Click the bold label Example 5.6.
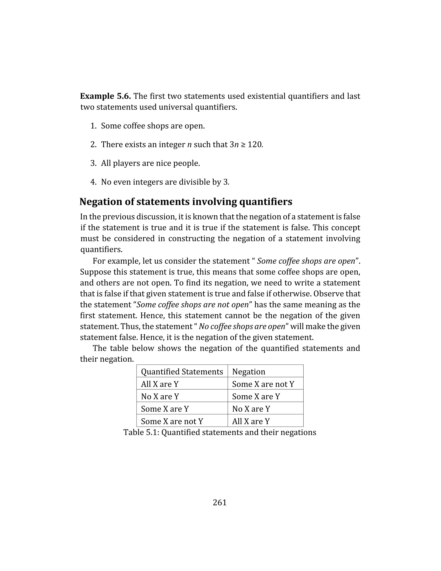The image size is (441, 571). pos(105,96)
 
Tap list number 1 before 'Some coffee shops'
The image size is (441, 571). pos(93,126)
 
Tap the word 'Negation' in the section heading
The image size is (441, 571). pos(97,202)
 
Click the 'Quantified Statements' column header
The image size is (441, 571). pos(182,371)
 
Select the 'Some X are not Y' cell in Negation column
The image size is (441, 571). pos(263,384)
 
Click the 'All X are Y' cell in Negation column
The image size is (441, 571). pos(251,421)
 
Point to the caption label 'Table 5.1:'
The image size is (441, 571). pos(141,432)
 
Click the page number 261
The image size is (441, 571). pos(220,502)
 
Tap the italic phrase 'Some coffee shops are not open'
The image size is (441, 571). pos(193,305)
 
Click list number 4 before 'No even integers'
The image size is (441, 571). pos(93,182)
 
